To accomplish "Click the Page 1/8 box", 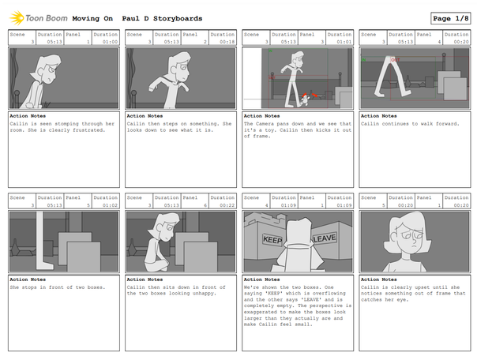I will [x=450, y=18].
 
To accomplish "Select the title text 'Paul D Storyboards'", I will [x=162, y=18].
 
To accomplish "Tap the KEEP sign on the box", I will [x=272, y=238].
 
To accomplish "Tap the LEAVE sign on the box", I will [x=325, y=238].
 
